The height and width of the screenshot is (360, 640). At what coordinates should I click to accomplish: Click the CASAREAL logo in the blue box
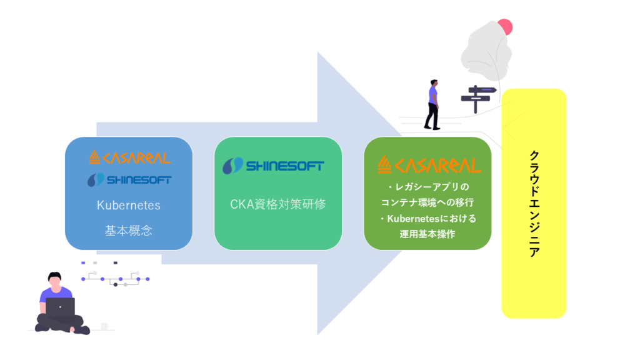[x=130, y=157]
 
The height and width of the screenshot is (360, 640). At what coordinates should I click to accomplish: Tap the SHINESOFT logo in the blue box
[x=129, y=179]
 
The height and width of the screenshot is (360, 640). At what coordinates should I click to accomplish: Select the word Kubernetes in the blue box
[x=129, y=205]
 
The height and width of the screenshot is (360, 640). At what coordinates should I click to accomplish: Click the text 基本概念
[x=129, y=231]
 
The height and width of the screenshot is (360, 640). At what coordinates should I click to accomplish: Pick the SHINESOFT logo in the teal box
[x=274, y=166]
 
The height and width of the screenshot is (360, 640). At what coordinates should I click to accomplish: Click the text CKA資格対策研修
[x=278, y=204]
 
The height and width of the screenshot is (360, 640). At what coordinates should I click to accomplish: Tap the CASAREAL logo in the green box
[x=429, y=165]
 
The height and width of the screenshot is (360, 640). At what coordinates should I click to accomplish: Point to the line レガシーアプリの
[x=428, y=187]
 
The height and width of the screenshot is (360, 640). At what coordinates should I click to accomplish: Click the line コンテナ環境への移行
[x=427, y=202]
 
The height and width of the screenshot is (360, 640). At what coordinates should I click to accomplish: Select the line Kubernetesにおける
[x=428, y=219]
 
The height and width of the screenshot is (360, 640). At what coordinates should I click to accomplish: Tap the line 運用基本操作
[x=427, y=234]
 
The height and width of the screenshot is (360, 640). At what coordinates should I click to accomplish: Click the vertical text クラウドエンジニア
[x=534, y=204]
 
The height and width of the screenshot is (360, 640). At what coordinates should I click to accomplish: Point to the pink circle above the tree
[x=505, y=27]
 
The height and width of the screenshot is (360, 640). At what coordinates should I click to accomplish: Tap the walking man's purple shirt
[x=433, y=96]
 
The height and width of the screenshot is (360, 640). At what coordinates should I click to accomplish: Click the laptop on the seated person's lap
[x=61, y=307]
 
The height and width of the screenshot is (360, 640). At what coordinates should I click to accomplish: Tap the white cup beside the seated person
[x=104, y=326]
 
